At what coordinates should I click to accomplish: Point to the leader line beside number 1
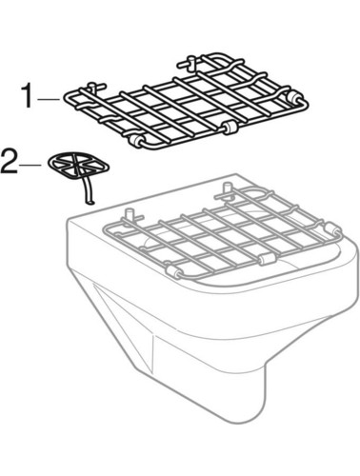(x=49, y=99)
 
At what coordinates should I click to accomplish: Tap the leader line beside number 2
(x=30, y=165)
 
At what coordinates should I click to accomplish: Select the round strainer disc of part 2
(x=79, y=164)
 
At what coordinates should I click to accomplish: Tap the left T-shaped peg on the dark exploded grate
(x=94, y=87)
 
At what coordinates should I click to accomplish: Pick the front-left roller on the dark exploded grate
(x=138, y=141)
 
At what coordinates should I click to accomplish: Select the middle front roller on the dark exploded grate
(x=230, y=127)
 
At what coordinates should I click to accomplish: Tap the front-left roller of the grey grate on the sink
(x=173, y=271)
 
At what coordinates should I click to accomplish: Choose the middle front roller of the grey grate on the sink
(x=266, y=259)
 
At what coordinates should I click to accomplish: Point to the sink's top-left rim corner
(x=70, y=219)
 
